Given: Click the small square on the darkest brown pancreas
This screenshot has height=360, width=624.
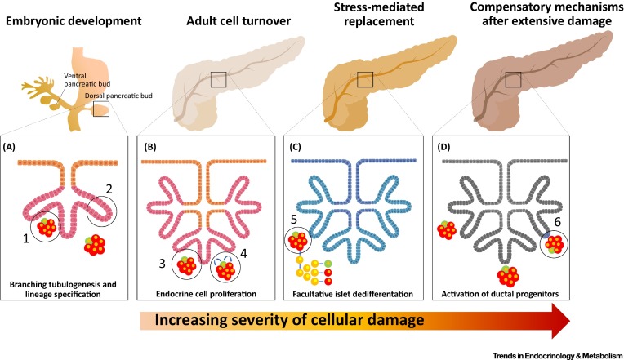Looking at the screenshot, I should click(514, 78).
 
